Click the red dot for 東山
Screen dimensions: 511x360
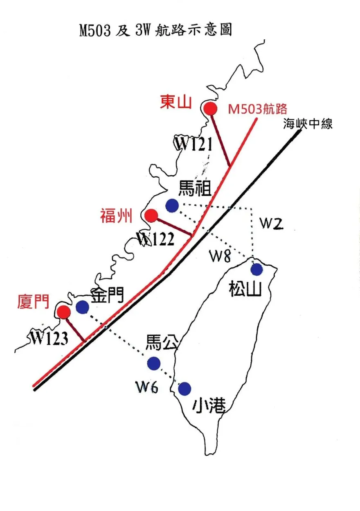[x=210, y=109]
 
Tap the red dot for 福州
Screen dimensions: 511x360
[x=151, y=215]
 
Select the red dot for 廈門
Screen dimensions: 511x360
[x=64, y=312]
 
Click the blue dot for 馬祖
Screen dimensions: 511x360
[x=172, y=205]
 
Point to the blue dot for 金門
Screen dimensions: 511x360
[x=83, y=307]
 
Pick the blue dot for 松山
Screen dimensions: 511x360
[x=256, y=269]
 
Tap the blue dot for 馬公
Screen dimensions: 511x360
[x=153, y=362]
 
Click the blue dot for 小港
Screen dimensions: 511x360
[x=185, y=388]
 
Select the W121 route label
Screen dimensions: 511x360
[x=193, y=144]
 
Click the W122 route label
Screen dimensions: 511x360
[x=156, y=239]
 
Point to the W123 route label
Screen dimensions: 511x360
[x=48, y=338]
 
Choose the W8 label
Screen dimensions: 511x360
[x=220, y=256]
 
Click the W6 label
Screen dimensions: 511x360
[x=147, y=387]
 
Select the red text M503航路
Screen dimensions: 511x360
[x=258, y=109]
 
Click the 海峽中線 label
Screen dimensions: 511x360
[x=308, y=124]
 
